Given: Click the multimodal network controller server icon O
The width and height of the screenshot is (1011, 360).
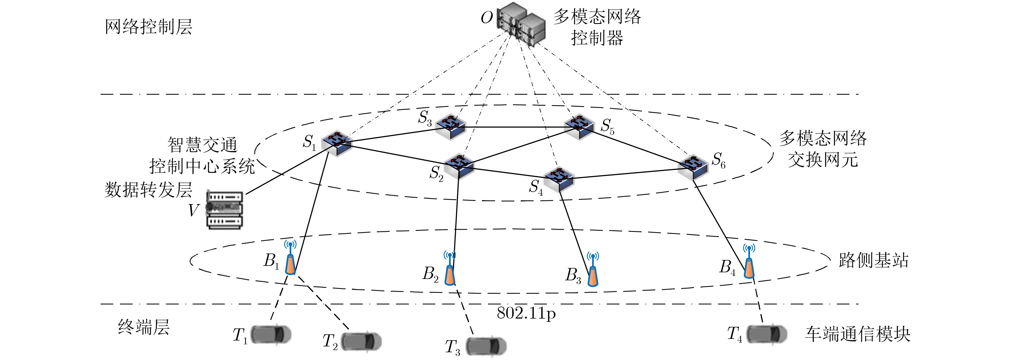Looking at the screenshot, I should (x=521, y=24).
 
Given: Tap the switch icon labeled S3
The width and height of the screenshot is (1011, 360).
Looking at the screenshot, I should (x=451, y=127).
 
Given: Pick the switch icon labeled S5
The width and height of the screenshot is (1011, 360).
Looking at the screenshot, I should (x=579, y=127).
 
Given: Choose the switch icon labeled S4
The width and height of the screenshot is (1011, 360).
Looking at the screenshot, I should (x=558, y=179).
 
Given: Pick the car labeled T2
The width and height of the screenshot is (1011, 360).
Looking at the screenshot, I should (x=361, y=342).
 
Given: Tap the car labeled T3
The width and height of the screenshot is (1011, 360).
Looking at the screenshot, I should (x=486, y=346).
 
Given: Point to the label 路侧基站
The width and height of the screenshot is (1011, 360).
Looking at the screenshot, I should (x=873, y=260).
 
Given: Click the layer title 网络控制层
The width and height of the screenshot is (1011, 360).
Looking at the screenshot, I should (x=148, y=27).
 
